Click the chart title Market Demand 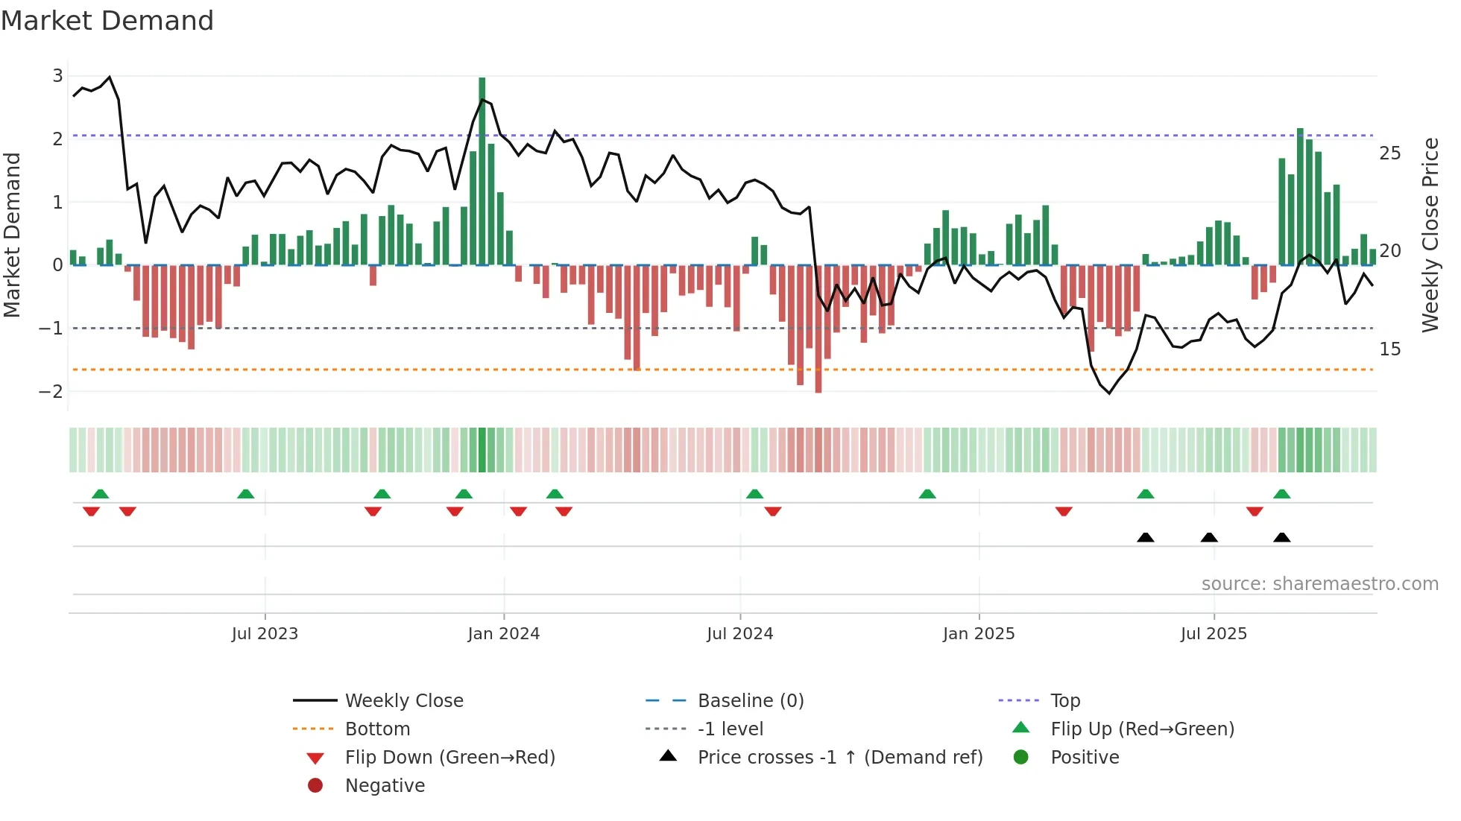107,21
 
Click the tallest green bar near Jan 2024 482,171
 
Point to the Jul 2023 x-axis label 265,634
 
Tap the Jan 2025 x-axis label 979,634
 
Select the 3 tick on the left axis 57,75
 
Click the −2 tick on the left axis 51,391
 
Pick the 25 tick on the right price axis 1389,153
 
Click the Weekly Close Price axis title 1430,235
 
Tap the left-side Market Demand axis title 13,235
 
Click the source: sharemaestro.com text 1319,584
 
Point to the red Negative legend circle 315,786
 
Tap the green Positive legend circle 1021,758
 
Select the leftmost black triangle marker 1146,538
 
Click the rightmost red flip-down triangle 1255,511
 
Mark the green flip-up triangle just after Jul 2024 754,494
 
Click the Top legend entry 1065,701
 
